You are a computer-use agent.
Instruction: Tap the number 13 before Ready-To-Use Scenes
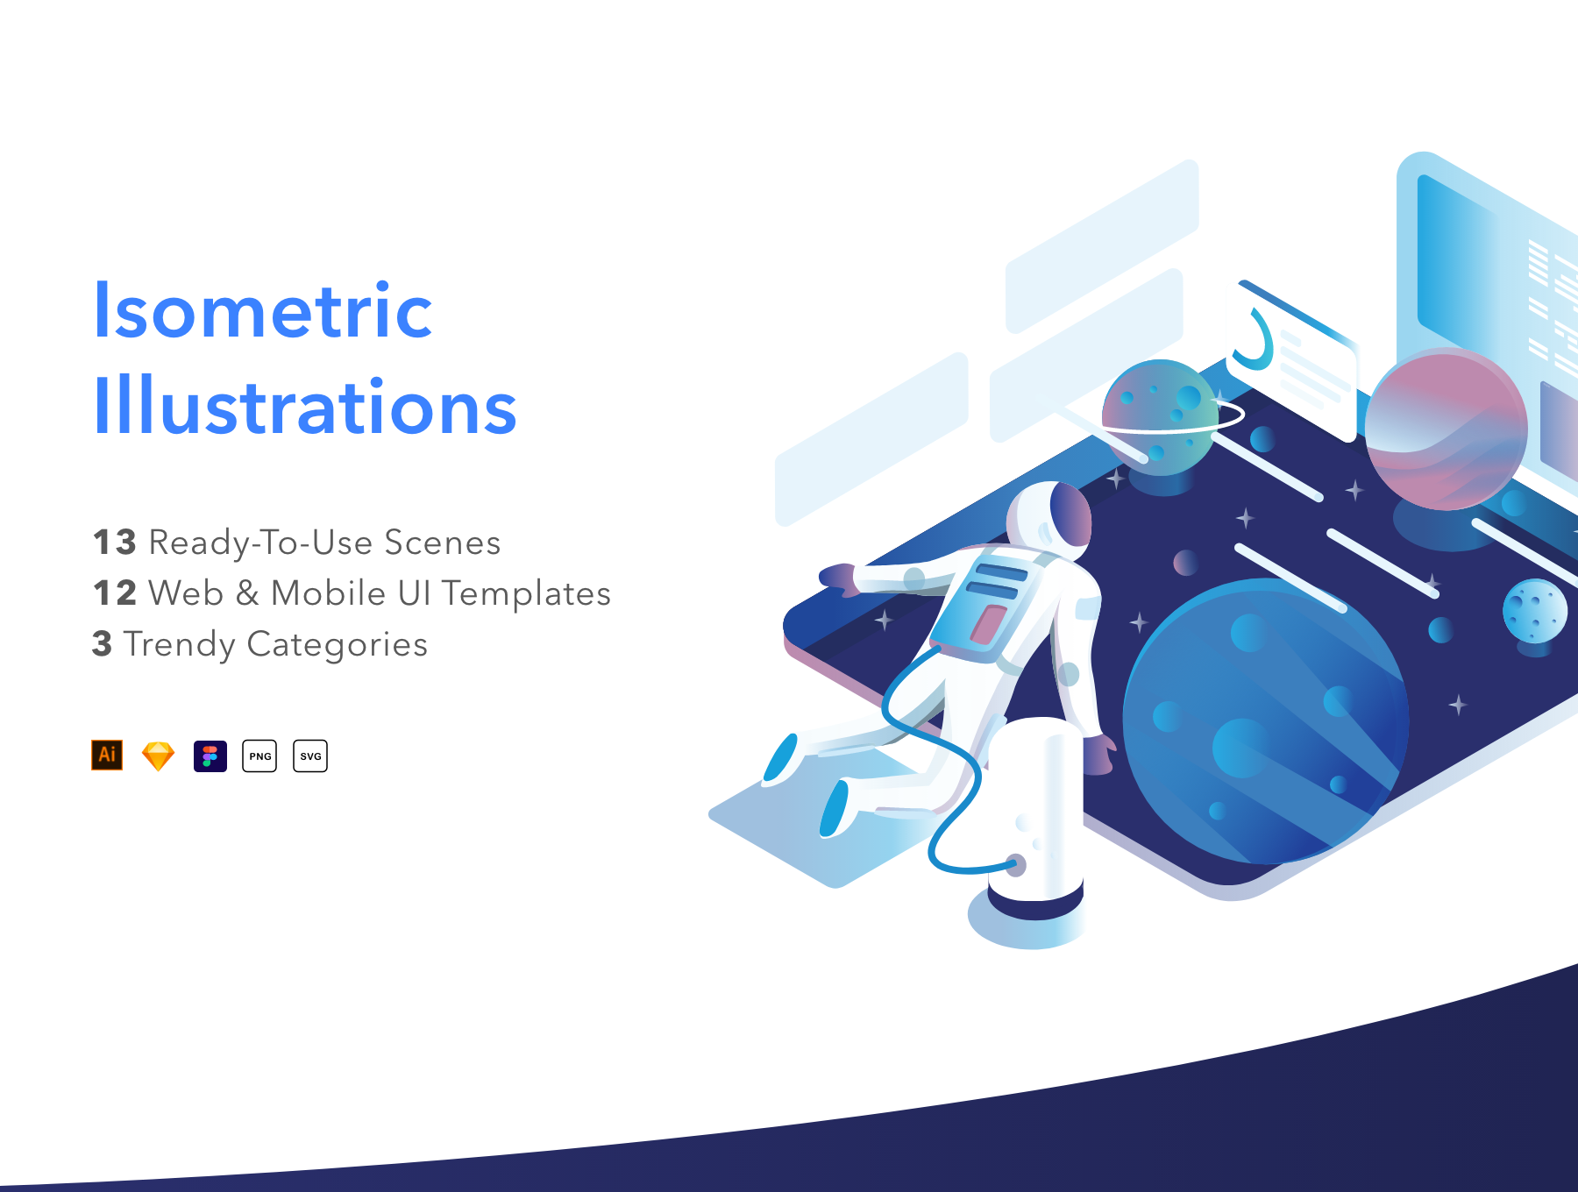point(115,542)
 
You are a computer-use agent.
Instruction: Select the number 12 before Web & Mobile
point(115,592)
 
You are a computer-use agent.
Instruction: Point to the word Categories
point(338,645)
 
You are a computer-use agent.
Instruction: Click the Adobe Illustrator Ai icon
point(107,756)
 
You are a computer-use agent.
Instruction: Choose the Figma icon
point(210,756)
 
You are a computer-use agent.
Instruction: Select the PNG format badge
point(259,756)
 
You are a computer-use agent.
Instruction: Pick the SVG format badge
point(310,756)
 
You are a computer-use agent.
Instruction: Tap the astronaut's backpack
point(986,605)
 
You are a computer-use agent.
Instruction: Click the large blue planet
point(1265,720)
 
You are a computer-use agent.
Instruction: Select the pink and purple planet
point(1446,429)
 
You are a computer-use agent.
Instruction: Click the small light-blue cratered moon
point(1535,612)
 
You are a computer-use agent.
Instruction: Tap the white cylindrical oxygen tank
point(1035,815)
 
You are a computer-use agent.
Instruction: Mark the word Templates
point(525,594)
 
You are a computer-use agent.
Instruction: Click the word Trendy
point(180,645)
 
